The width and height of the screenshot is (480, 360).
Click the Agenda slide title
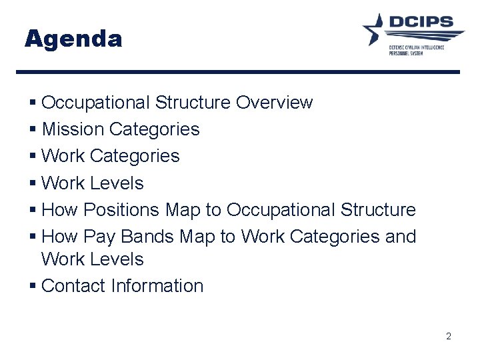[x=73, y=39]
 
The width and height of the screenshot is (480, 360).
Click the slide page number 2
[x=449, y=337]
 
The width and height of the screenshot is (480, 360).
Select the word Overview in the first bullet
[x=274, y=103]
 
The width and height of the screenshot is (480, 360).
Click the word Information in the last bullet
[x=157, y=286]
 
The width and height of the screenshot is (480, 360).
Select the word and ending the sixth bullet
[x=399, y=237]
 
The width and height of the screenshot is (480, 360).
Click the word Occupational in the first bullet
[x=95, y=103]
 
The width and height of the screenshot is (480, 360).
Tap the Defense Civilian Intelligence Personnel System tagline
[x=417, y=50]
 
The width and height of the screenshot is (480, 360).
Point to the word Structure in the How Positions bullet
[x=378, y=210]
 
